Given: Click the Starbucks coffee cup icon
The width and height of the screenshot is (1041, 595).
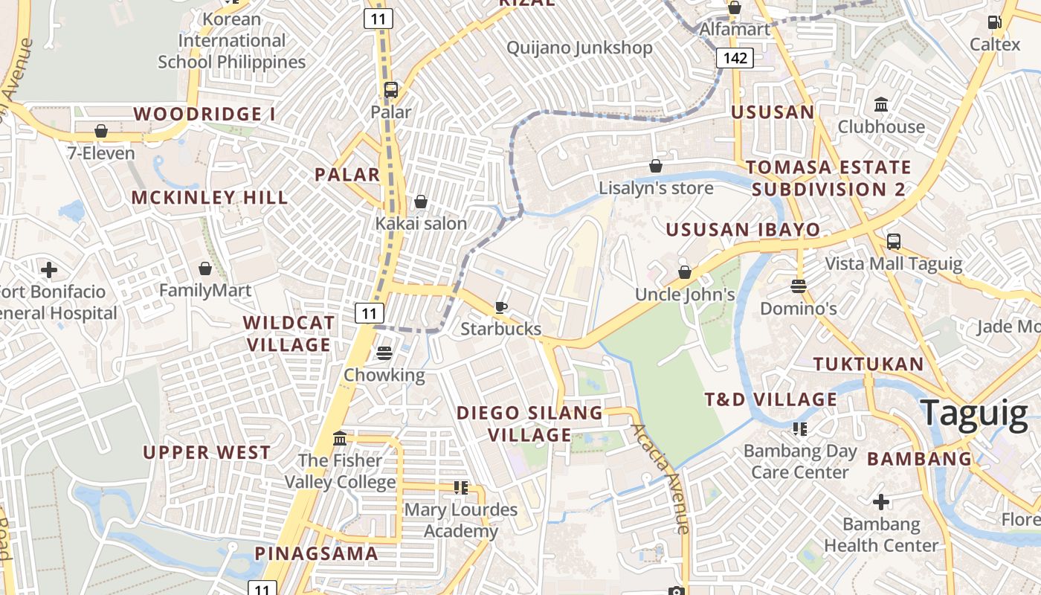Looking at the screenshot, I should coord(501,307).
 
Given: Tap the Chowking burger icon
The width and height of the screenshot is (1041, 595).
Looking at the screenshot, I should coord(384,353).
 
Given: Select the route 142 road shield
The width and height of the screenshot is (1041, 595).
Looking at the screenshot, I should coord(735,58).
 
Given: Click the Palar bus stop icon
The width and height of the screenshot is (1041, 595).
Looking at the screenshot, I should coord(391,90).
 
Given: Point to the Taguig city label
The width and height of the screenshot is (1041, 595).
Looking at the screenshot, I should coord(974,413).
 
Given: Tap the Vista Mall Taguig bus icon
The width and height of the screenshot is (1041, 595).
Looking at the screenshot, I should coord(894,242).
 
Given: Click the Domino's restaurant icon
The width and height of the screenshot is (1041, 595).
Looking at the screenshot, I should coord(799,286).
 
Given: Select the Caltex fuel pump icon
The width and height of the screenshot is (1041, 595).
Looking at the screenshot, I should coord(994,22).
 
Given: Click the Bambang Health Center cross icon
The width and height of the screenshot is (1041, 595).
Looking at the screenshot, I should coord(881,502).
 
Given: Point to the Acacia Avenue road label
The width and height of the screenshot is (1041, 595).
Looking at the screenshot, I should coord(660,478).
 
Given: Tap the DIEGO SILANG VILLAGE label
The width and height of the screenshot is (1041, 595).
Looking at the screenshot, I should coord(529,423).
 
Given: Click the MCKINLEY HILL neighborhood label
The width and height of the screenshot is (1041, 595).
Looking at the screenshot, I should coord(210,197).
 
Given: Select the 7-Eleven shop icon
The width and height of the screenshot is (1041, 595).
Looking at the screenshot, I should coord(101,132).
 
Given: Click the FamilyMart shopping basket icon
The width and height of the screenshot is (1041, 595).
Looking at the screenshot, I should coord(205,268).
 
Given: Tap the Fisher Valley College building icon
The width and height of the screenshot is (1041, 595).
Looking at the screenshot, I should coord(340,438).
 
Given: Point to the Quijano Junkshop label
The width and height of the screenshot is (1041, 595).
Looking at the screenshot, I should coord(579,48).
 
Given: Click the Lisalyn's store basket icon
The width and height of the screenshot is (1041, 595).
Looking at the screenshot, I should coord(656,165).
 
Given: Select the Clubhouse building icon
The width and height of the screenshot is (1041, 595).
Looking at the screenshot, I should coord(881,104).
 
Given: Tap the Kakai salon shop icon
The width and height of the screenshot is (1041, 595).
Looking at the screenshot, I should coord(421,202).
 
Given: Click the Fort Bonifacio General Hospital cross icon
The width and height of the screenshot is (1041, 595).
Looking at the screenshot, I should coord(49,269).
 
